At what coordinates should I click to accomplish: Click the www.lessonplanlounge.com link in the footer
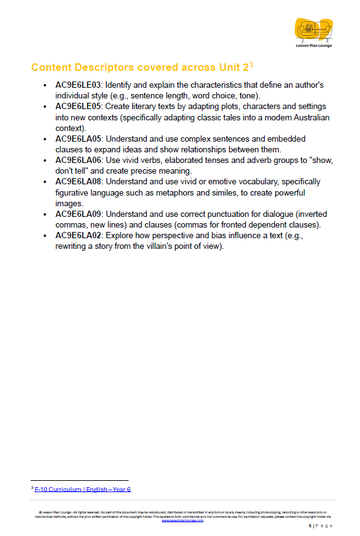pos(183,520)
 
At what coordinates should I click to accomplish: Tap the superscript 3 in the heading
pos(251,64)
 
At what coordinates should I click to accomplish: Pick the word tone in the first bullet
pos(250,95)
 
